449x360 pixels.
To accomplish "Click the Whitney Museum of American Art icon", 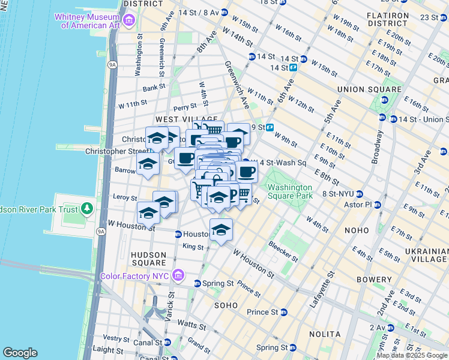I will click(x=128, y=22).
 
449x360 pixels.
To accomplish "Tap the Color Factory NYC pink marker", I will click(x=178, y=275).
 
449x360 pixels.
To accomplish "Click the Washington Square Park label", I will click(x=291, y=191).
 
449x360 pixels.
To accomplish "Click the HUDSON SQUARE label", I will click(x=148, y=259).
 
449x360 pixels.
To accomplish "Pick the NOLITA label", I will click(x=325, y=334).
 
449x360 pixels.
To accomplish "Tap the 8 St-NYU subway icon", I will click(x=359, y=194).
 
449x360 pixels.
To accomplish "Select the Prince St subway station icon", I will click(x=285, y=312).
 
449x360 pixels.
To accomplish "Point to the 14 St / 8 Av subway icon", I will click(x=224, y=12).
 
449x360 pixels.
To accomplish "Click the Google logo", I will click(x=20, y=353).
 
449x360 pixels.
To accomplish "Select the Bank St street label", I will click(x=154, y=88).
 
